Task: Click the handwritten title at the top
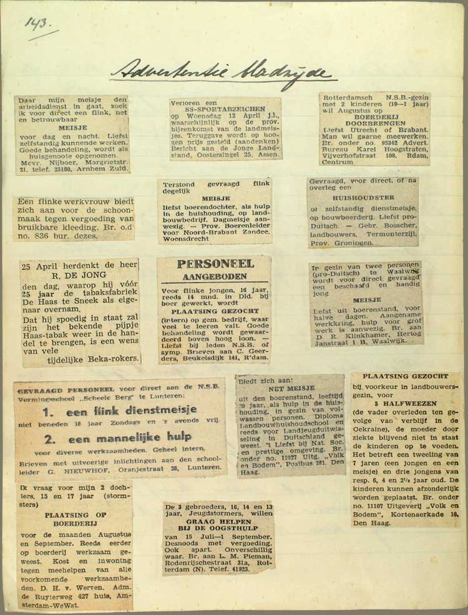[222, 70]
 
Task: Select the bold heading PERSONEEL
[214, 263]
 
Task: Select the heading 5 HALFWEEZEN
[405, 402]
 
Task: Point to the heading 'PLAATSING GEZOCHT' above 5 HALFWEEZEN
[404, 377]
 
